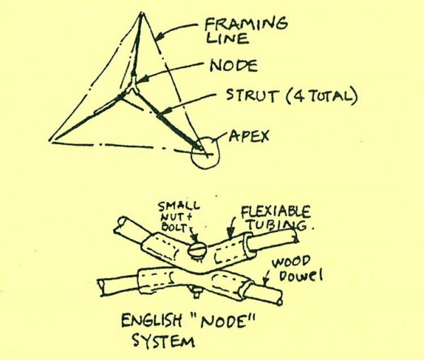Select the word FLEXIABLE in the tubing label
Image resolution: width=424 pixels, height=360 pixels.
(274, 211)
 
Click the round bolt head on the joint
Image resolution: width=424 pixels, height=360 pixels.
(198, 250)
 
